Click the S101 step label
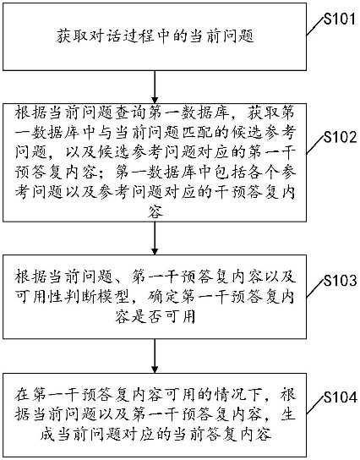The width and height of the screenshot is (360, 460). (x=340, y=19)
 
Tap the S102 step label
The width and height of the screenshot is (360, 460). (x=340, y=137)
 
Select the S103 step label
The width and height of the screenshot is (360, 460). (x=340, y=281)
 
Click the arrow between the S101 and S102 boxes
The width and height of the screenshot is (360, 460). (x=155, y=87)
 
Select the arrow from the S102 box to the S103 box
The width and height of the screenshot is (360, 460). (x=155, y=238)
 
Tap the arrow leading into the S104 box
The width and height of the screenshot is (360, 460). (x=155, y=356)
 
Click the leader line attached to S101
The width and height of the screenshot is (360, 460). (x=315, y=26)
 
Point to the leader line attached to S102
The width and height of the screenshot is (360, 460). (x=315, y=145)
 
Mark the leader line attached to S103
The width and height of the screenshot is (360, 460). (x=315, y=288)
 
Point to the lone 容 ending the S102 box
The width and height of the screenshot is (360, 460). (x=155, y=211)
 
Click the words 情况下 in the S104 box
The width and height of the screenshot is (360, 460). (x=238, y=395)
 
